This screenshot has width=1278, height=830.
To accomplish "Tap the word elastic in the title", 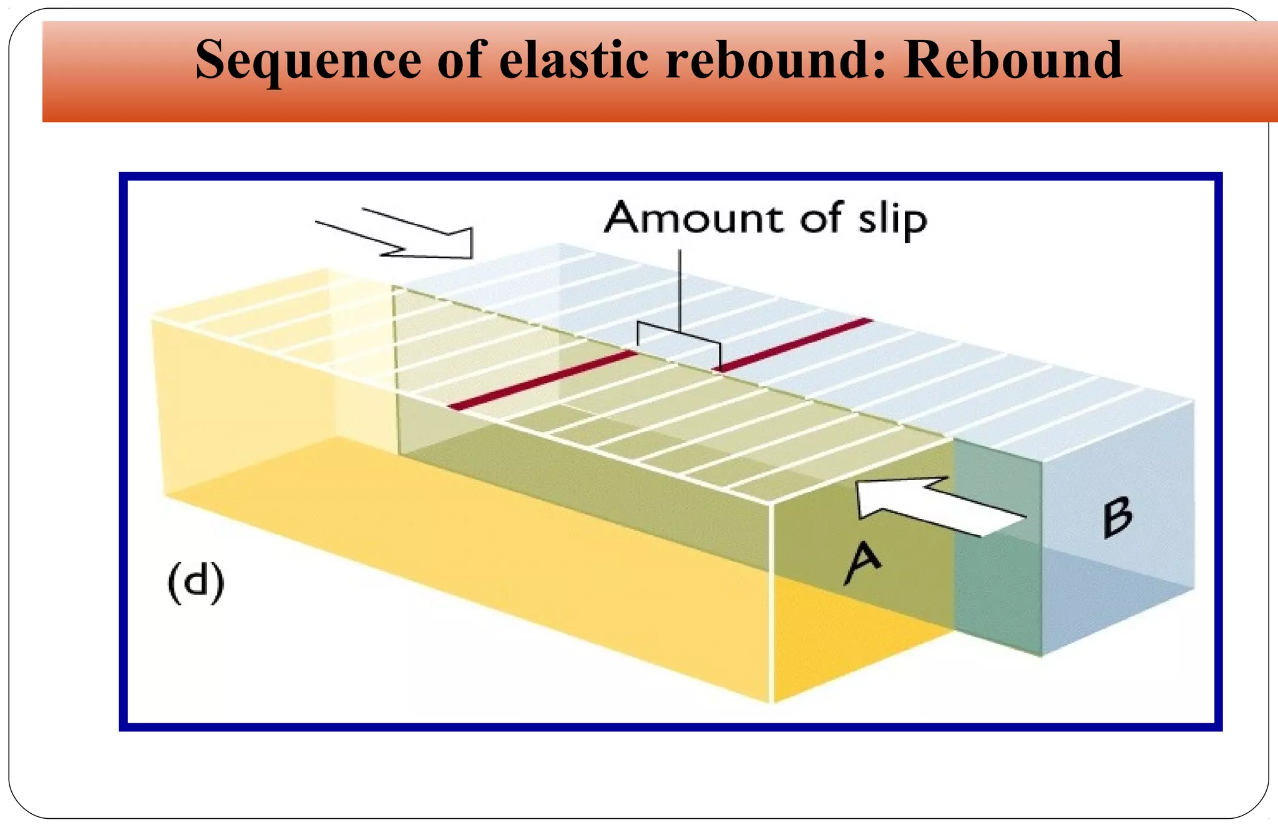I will click(x=573, y=60).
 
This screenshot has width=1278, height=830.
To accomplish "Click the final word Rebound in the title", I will click(x=1013, y=60).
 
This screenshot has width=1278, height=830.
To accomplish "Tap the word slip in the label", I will click(x=892, y=220).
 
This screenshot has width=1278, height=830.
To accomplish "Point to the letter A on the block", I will click(x=863, y=561).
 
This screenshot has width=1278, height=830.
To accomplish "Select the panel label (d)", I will click(x=196, y=582).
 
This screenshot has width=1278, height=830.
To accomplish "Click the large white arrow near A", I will click(x=936, y=505).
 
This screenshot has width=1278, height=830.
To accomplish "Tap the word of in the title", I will click(x=461, y=60).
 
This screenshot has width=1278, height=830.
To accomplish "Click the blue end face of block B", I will click(x=1117, y=561).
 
